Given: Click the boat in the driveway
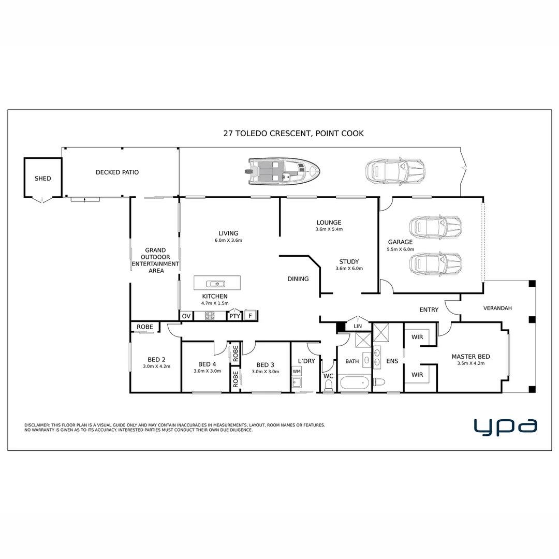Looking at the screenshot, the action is (x=283, y=171).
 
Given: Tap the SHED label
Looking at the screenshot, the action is (x=43, y=178).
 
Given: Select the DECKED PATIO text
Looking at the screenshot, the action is (x=117, y=172).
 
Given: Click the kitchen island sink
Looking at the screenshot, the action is (x=216, y=284).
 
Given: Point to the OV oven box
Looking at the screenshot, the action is (x=186, y=316).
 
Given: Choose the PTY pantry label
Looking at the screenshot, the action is (x=234, y=316).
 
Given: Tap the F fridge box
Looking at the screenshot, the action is (x=251, y=316).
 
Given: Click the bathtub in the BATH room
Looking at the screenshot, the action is (x=355, y=384).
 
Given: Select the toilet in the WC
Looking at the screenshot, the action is (x=328, y=386).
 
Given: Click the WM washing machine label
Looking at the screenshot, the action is (x=297, y=371).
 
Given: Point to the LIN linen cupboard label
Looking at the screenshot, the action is (x=358, y=326).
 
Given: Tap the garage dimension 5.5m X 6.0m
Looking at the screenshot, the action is (x=400, y=249).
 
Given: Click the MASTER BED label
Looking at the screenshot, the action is (x=470, y=357).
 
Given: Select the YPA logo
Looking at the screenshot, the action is (x=505, y=427).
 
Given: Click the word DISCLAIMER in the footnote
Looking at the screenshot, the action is (x=37, y=425).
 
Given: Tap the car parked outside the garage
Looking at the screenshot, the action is (x=395, y=171).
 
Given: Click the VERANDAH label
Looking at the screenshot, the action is (x=497, y=308).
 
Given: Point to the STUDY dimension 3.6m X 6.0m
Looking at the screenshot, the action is (x=349, y=269).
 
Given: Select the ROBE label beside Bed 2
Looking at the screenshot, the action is (x=145, y=327).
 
